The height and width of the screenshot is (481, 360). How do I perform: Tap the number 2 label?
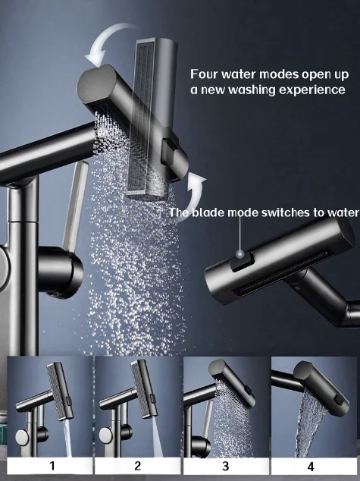[138, 466]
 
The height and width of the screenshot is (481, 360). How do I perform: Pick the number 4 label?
[313, 466]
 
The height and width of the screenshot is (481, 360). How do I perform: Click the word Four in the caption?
[205, 74]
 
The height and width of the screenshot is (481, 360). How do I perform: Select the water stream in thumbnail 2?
[153, 432]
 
